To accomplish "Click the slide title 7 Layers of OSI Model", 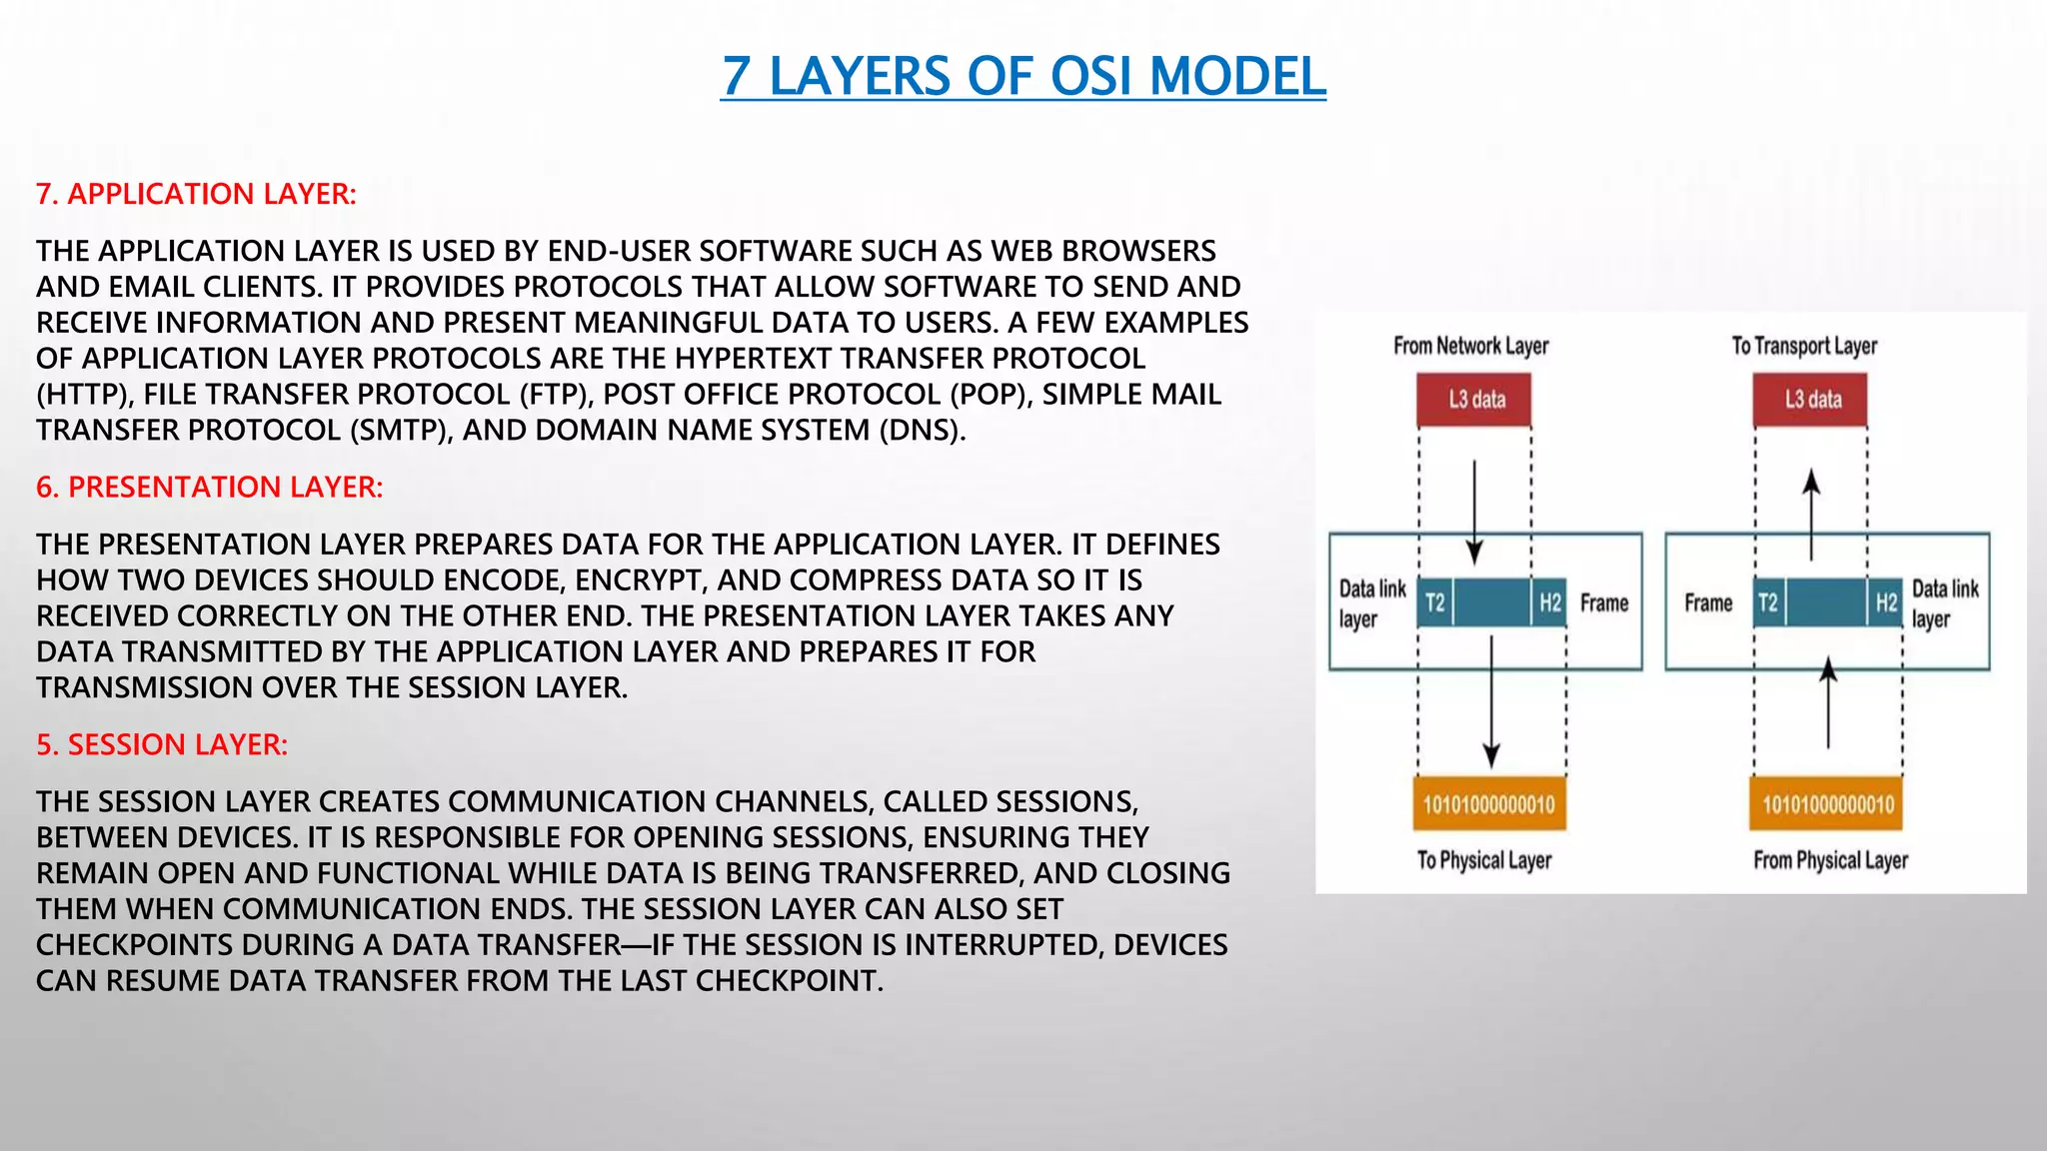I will click(x=1023, y=76).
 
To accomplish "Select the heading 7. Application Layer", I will click(x=196, y=194).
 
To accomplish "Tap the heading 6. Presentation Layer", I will click(x=209, y=487).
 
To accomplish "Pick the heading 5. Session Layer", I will click(x=162, y=744).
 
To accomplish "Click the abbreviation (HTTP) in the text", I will click(x=84, y=394).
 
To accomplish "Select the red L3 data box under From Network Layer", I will click(x=1474, y=400).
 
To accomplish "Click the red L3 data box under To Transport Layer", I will click(x=1810, y=400).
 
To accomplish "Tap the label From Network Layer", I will click(x=1470, y=346).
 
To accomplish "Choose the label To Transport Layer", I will click(x=1804, y=346).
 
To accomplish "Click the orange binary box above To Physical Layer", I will click(x=1489, y=804).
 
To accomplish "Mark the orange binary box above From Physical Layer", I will click(x=1826, y=804).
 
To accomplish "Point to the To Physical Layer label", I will click(x=1484, y=860).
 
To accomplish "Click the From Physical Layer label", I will click(x=1830, y=860).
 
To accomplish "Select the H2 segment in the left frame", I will click(x=1549, y=602).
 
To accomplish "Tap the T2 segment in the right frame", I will click(x=1768, y=602).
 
